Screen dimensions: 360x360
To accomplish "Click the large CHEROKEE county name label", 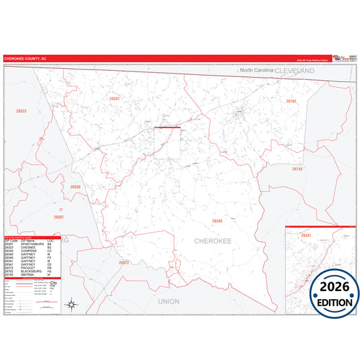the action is tap(213, 240).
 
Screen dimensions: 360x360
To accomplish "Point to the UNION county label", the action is tap(169, 301).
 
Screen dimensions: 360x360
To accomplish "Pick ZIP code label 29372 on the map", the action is tap(124, 262).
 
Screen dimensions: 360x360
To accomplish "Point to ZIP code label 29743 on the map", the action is tap(298, 169).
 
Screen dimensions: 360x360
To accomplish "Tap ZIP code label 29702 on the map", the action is tap(291, 101).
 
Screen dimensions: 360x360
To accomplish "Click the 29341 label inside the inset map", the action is tap(306, 235).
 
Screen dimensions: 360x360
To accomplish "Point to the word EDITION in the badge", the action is tap(335, 302).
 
